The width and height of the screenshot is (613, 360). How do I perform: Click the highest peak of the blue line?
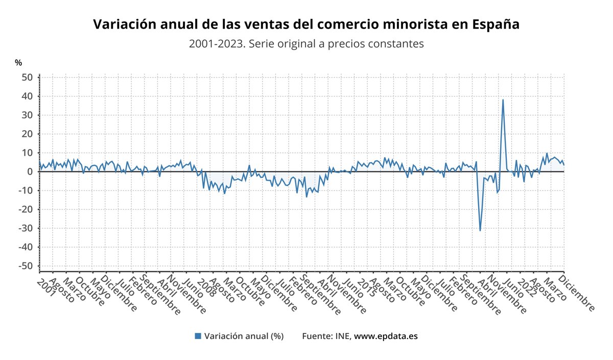(x=503, y=100)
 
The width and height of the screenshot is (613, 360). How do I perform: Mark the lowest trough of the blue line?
(x=480, y=230)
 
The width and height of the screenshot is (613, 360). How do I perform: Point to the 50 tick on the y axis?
(x=28, y=77)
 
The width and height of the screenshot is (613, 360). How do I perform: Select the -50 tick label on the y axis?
(x=26, y=266)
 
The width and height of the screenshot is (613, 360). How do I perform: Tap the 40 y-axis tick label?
(x=28, y=96)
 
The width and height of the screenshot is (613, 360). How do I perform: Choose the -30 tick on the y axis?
(x=26, y=228)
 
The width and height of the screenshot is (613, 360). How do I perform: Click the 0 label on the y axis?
(x=30, y=172)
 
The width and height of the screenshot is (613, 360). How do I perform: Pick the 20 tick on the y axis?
(x=28, y=134)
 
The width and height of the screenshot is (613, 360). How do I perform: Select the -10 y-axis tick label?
(x=26, y=190)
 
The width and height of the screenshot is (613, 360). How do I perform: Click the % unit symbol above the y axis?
(x=18, y=63)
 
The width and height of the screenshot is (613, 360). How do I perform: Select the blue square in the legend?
(x=198, y=336)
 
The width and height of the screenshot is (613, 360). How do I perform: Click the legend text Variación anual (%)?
(x=244, y=336)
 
